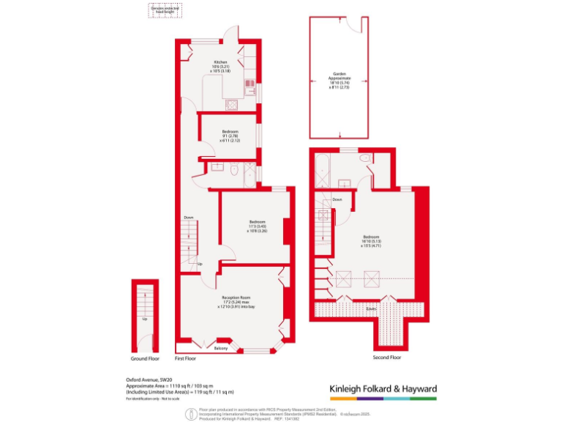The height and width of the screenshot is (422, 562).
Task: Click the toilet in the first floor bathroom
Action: click(233, 170)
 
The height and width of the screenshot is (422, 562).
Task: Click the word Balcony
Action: click(221, 348)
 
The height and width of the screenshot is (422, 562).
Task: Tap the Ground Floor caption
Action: click(146, 359)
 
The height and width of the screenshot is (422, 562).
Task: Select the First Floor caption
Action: click(186, 359)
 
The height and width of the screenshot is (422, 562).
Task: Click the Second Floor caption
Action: click(387, 357)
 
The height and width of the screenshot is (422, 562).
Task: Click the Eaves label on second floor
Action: click(372, 309)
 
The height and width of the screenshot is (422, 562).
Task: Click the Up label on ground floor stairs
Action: click(145, 319)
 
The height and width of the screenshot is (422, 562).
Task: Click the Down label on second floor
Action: click(337, 199)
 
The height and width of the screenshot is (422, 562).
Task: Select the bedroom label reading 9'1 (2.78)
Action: click(231, 136)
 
